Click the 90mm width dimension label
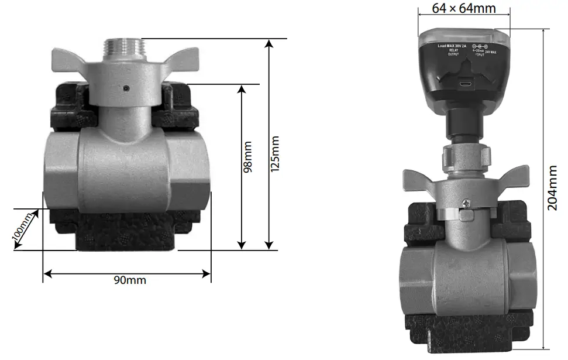pos(130,280)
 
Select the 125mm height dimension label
pos(276,153)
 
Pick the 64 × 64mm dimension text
pos(464,8)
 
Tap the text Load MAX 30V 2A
pos(452,46)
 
